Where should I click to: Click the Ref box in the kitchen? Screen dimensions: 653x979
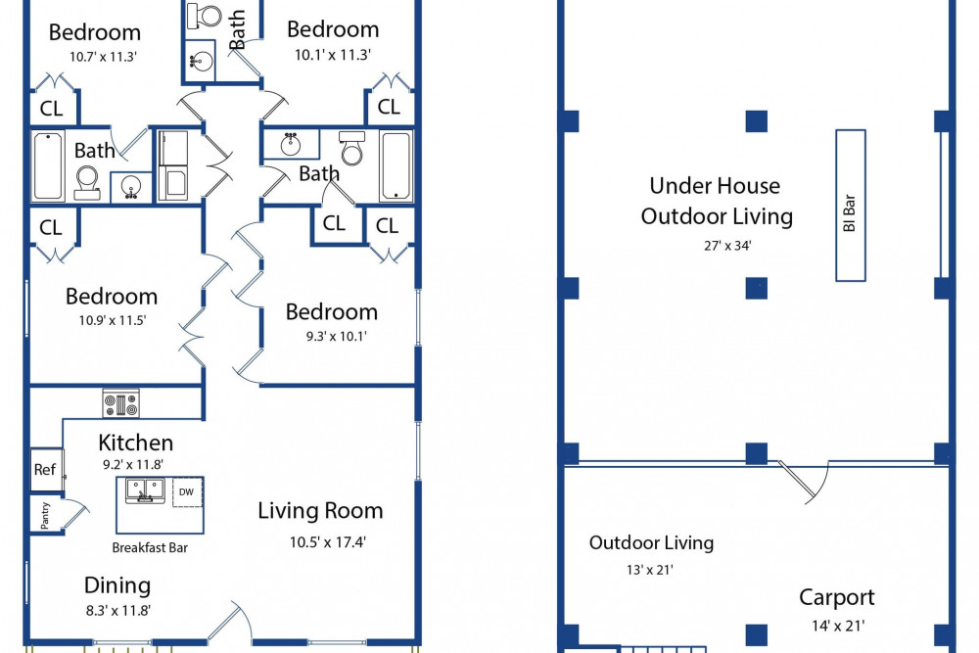coord(44,470)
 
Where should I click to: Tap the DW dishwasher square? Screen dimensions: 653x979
coord(186,492)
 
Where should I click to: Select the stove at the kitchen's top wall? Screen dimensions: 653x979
coord(120,402)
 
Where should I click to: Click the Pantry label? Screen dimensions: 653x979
coord(45,516)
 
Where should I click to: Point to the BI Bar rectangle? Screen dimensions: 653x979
coord(850,206)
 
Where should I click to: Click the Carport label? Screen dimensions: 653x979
coord(836,597)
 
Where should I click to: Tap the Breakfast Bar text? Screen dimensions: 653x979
coord(150,548)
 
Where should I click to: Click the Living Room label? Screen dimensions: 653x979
coord(320,510)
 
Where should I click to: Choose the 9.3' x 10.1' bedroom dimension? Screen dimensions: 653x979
coord(332,336)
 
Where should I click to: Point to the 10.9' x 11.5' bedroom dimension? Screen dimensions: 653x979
coord(111,320)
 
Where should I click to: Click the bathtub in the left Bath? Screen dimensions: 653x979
coord(48,166)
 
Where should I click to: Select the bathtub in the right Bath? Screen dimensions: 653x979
coord(396,166)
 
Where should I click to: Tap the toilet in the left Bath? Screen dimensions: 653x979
coord(87,181)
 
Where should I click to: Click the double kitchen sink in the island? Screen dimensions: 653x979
coord(145,490)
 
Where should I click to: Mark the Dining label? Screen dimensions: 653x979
coord(117,585)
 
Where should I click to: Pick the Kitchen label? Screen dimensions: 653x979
coord(135,443)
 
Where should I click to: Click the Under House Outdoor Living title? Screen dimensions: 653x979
coord(716,201)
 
